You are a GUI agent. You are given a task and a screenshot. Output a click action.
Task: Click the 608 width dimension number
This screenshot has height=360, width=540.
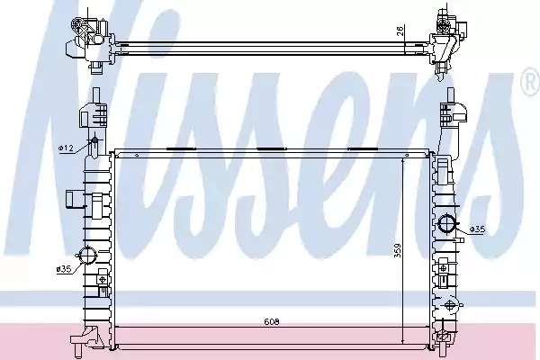(x=272, y=322)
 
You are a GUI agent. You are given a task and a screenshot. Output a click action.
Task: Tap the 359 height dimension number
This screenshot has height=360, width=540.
(x=397, y=251)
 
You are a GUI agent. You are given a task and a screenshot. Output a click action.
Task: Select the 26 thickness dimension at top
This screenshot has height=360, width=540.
(x=400, y=31)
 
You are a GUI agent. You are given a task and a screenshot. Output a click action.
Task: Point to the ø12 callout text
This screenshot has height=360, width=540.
(x=66, y=148)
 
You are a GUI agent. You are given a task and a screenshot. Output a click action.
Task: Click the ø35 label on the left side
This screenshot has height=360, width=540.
(x=64, y=269)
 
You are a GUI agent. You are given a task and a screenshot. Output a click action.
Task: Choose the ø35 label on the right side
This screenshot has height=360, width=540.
(x=478, y=229)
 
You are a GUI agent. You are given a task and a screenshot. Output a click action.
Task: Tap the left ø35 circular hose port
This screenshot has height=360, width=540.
(x=87, y=256)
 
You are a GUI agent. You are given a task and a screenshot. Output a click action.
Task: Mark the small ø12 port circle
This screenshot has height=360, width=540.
(x=94, y=141)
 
